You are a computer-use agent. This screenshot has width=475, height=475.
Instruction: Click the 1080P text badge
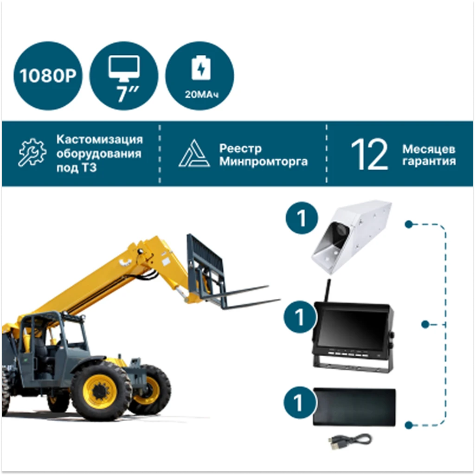(48, 76)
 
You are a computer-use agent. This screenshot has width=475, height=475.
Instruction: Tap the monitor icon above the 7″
(124, 69)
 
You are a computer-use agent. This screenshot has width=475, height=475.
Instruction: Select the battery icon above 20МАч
(201, 68)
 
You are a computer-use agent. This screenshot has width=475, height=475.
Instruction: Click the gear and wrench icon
(32, 152)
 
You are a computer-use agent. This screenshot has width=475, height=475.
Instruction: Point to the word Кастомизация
(99, 140)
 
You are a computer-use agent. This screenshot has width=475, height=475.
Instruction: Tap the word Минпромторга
(263, 161)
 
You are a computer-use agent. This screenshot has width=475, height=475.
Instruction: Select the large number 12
(369, 154)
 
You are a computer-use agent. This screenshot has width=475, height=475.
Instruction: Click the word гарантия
(429, 161)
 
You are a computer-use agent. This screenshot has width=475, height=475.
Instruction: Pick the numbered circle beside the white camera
(302, 218)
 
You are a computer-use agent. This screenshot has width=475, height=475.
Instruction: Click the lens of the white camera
(340, 230)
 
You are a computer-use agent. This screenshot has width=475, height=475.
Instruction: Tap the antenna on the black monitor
(328, 290)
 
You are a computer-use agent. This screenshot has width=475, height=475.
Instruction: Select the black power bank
(354, 406)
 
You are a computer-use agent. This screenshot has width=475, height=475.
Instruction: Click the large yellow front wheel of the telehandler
(101, 391)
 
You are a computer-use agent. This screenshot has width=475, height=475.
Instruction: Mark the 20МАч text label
(201, 95)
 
